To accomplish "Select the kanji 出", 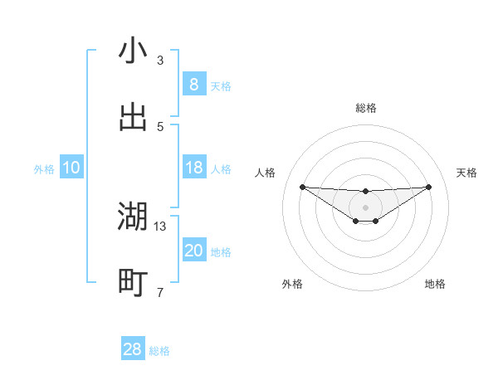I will tap(133, 117).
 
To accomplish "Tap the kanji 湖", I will tap(133, 217).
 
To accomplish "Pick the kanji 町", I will tap(133, 283).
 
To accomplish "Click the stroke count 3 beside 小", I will tap(160, 61).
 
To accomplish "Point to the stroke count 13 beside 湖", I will tap(160, 226).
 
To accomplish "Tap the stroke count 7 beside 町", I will tap(160, 292).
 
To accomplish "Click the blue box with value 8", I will tap(193, 85).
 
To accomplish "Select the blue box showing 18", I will tap(193, 168).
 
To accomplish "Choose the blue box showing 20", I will tap(193, 251).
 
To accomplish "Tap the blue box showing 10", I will tap(71, 168).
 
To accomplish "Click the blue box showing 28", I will tap(133, 349).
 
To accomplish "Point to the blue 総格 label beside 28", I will tap(159, 351).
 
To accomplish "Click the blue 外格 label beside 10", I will tap(44, 169).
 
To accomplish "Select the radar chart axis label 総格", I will tap(366, 108).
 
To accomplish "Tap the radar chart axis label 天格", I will tap(466, 173).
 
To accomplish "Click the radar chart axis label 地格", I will tap(435, 284).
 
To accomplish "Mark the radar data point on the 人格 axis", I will tap(303, 187).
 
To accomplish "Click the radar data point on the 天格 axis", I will tap(428, 187).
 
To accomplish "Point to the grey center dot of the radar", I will tap(366, 207).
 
